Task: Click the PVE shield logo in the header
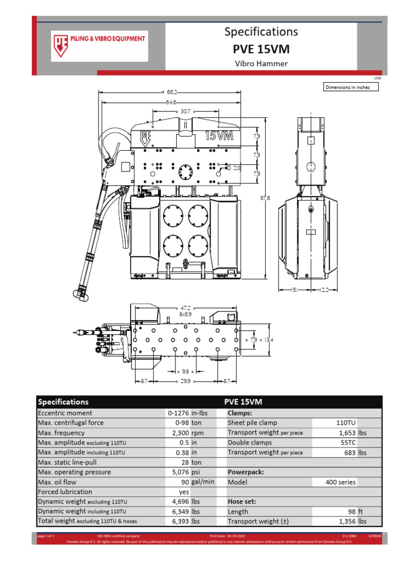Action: [x=60, y=43]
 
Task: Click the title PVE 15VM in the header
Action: [x=261, y=49]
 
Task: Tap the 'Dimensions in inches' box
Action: [x=351, y=87]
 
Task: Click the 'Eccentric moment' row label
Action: [x=65, y=413]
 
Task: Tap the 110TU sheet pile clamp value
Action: [x=345, y=423]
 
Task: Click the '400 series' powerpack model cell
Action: [x=341, y=482]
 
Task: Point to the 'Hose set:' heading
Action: [x=242, y=502]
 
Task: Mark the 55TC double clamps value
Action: [x=346, y=443]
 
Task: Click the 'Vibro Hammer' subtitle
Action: [x=261, y=64]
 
